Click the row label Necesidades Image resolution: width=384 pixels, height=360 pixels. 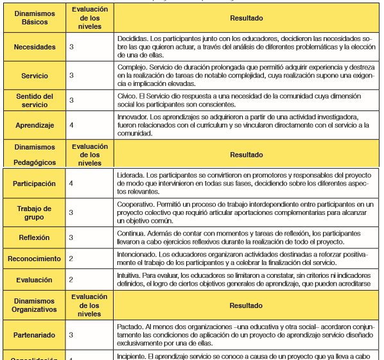(x=35, y=47)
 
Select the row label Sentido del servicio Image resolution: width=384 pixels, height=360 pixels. (x=35, y=100)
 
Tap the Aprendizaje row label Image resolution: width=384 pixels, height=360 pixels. (x=35, y=126)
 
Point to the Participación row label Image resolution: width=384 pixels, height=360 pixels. (x=35, y=184)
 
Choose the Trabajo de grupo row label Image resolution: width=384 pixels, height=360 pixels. (x=35, y=212)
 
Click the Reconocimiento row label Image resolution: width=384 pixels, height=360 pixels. (x=35, y=259)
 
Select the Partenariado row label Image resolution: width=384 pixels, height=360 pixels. (x=35, y=334)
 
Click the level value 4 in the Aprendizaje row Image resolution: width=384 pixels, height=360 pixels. (x=71, y=126)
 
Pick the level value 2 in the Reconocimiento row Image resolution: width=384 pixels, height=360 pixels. (x=71, y=259)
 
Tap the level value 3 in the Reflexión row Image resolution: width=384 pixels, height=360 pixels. (x=71, y=237)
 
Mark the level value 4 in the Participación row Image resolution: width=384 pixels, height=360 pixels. (x=71, y=184)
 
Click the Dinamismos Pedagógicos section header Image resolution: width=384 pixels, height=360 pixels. (x=35, y=155)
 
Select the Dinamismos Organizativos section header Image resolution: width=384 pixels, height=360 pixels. (x=35, y=305)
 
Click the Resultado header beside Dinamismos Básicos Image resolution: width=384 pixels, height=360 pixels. (x=246, y=19)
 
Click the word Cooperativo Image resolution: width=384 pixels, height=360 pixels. (x=136, y=203)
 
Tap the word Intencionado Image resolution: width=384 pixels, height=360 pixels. (x=137, y=254)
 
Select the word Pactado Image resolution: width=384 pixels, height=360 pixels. (x=131, y=326)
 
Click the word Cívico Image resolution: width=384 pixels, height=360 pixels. (x=127, y=96)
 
